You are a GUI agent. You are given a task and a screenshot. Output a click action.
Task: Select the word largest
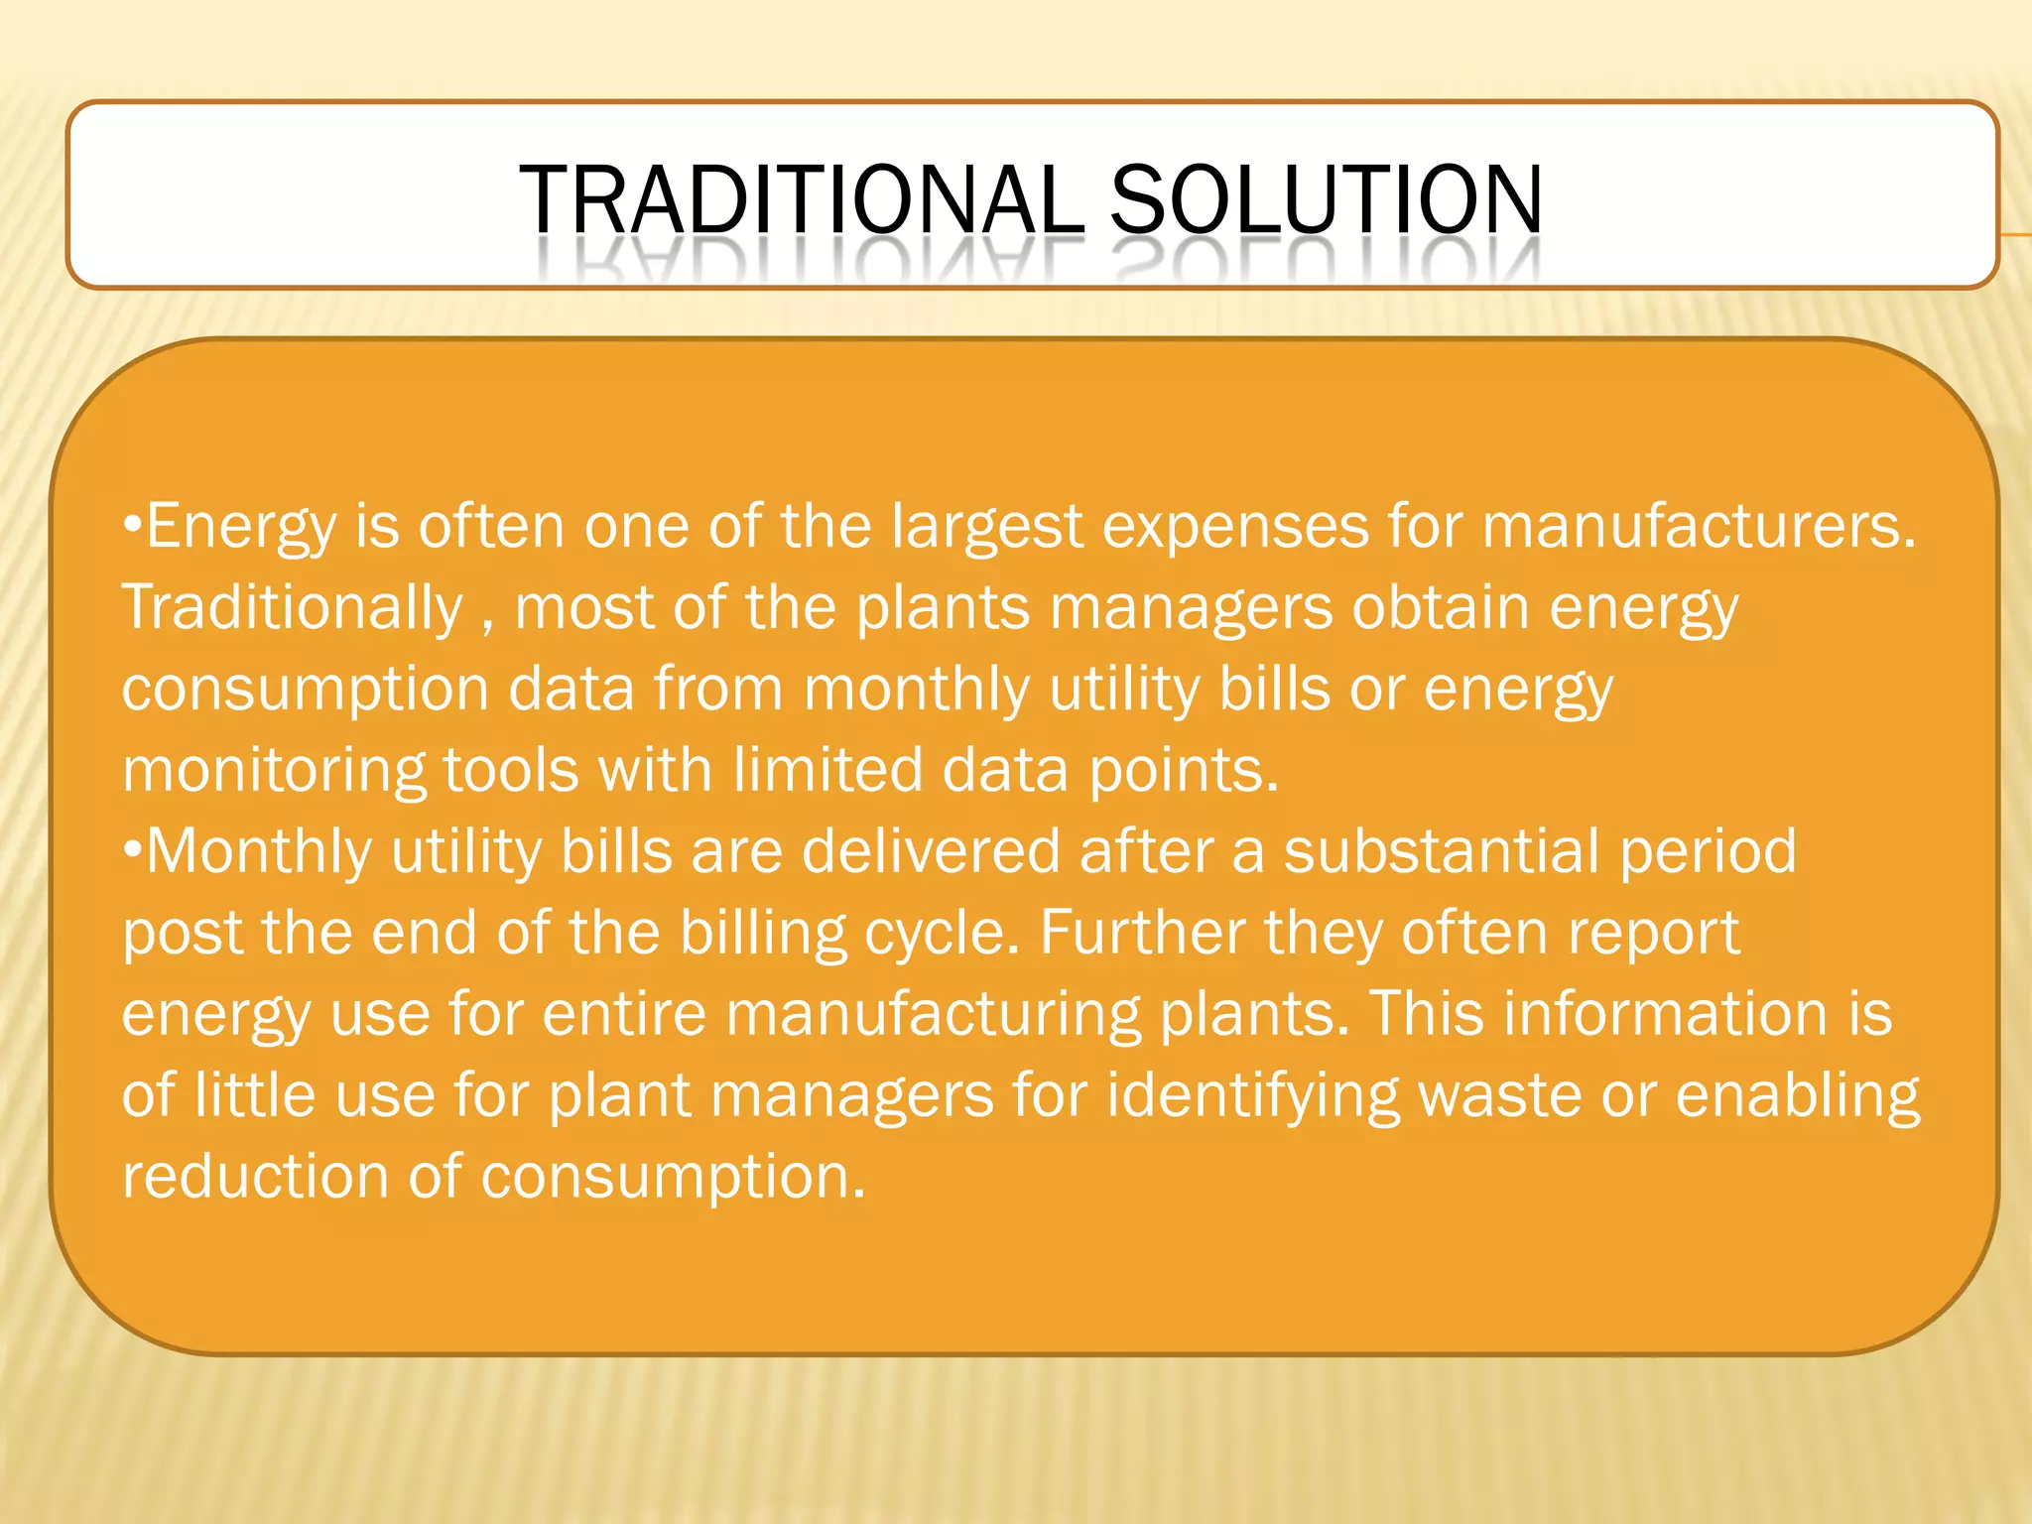(986, 527)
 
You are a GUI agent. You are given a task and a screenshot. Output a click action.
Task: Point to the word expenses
(1235, 527)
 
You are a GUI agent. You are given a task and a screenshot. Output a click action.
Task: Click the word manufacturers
(1698, 525)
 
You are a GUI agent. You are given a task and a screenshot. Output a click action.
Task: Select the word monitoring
(272, 771)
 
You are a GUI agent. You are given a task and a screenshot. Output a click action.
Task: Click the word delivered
(931, 850)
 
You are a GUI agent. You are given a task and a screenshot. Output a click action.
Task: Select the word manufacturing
(933, 1015)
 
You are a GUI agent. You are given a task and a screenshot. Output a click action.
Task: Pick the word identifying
(1252, 1096)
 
